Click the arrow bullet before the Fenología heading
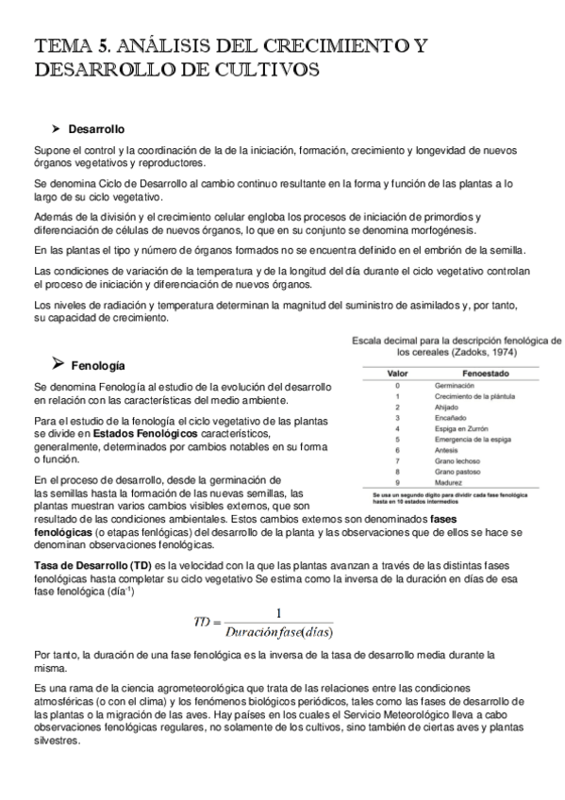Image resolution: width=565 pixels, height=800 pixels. coord(56,363)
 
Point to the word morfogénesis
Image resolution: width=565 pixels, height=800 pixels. coord(444,230)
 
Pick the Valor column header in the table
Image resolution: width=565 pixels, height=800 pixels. coord(398,373)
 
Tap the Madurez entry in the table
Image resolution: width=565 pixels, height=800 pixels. coord(448,481)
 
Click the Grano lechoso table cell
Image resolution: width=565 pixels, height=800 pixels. coord(456,459)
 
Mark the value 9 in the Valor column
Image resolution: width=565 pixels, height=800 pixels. coord(398,481)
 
